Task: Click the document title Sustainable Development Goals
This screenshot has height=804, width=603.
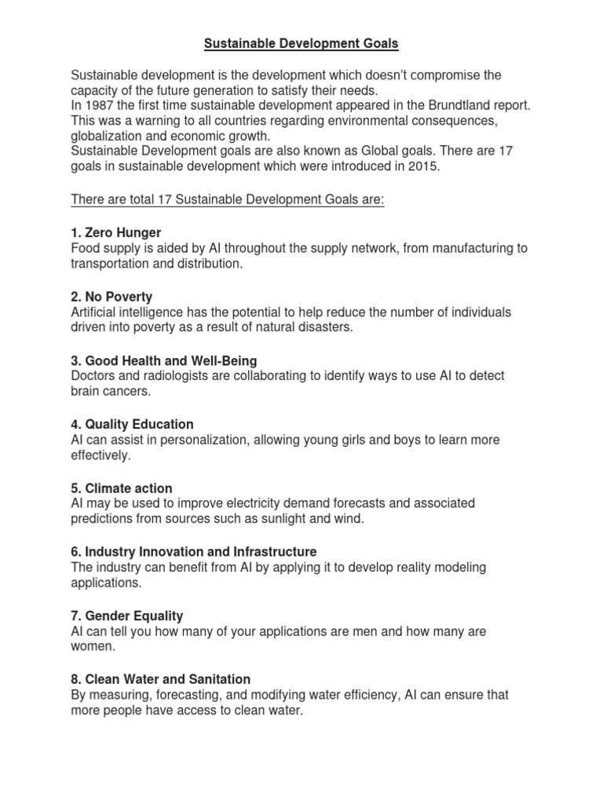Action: click(301, 45)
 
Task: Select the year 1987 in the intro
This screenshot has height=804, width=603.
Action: click(100, 105)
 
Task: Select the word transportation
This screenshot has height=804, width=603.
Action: click(109, 264)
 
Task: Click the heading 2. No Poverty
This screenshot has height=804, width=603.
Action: click(111, 297)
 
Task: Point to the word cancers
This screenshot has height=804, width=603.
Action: click(127, 391)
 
